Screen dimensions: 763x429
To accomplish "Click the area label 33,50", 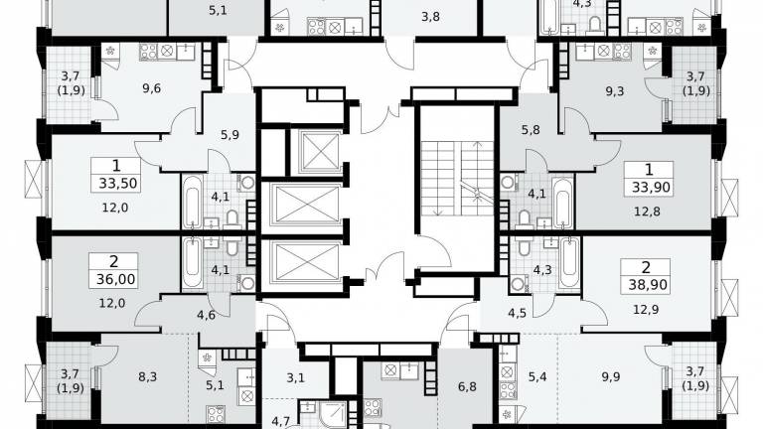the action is pos(118,184).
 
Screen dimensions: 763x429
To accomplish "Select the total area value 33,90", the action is pos(651,187).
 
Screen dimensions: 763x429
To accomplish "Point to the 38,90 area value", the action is pos(647,285).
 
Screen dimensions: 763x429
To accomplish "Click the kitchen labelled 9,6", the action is pos(152,88).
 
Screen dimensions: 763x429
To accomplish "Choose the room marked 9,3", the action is pos(615,91).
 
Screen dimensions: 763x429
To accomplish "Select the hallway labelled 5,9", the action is pos(229,135).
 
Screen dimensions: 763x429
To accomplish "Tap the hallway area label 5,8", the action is pos(531,130).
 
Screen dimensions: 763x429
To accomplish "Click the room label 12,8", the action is pos(647,212).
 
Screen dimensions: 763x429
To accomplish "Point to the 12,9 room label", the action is pos(646,309).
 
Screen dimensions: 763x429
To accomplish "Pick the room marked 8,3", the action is pos(147,376).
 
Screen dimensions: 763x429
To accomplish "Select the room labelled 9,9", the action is pos(610,376).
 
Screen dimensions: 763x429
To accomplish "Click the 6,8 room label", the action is pos(467,387).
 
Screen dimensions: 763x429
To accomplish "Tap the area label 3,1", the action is pos(295,377).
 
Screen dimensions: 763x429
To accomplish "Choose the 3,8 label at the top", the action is pos(430,17).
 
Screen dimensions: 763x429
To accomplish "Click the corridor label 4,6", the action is pos(207,315).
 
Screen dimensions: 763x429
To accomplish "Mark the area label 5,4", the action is pos(537,376).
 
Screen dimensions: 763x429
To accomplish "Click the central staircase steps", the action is pos(457,178).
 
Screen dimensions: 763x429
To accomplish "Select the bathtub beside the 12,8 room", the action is pos(563,203).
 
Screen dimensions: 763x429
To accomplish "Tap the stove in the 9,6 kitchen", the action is pos(149,52).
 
